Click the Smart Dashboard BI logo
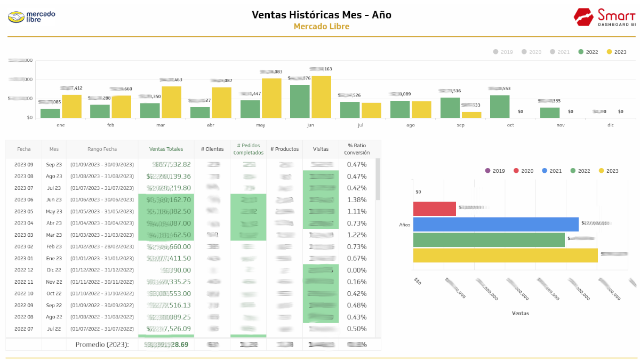605,17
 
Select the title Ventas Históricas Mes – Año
321,15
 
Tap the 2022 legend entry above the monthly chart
588,52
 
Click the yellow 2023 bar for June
321,97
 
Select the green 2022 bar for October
500,107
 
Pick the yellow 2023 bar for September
471,114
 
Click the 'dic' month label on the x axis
610,124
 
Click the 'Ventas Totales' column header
166,149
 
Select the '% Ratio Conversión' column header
357,149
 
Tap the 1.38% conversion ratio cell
357,200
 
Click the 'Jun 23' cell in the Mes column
54,200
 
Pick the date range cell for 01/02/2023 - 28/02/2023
102,247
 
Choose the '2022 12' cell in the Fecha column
24,270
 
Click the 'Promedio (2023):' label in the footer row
102,345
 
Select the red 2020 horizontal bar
434,209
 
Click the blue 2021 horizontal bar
495,224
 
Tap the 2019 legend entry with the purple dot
495,171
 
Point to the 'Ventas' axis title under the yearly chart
520,313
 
